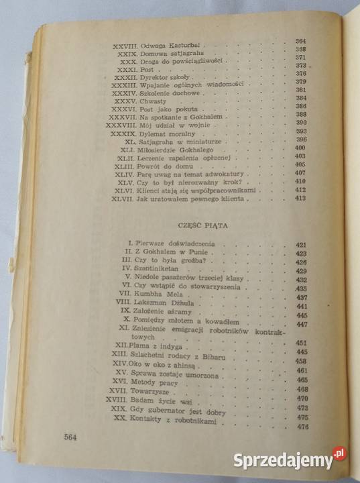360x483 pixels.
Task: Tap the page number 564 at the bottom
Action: [x=72, y=438]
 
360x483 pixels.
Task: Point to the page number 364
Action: [x=300, y=41]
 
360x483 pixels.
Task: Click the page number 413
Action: [x=300, y=199]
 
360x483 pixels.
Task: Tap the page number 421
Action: [x=300, y=245]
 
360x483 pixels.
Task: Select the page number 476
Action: [x=302, y=427]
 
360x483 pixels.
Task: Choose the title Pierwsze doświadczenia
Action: [x=178, y=244]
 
